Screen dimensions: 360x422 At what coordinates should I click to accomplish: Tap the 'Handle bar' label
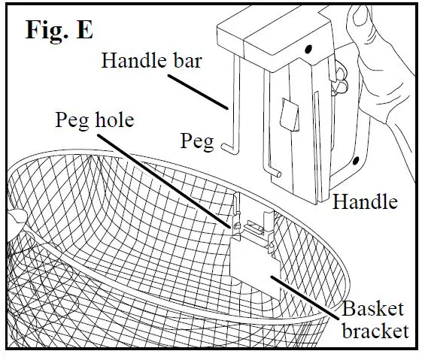[x=150, y=60]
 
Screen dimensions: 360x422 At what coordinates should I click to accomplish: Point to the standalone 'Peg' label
[x=198, y=141]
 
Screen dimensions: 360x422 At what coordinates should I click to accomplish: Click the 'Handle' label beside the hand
[x=365, y=201]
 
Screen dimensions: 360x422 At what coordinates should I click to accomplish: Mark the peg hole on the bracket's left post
[x=236, y=224]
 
